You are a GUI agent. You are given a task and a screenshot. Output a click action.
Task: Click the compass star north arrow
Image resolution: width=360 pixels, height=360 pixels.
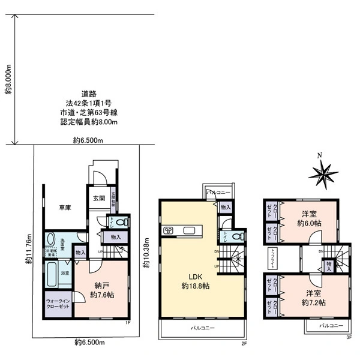tap(323, 173)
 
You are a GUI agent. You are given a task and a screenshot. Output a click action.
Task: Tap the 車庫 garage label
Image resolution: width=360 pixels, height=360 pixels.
tap(65, 208)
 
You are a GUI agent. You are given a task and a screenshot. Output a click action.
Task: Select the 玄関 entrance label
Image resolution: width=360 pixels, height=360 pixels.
tap(98, 198)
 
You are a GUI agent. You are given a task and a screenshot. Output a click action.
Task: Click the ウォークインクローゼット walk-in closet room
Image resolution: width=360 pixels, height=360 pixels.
tap(58, 304)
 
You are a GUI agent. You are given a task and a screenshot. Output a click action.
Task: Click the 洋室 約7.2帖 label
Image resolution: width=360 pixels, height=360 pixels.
tap(310, 299)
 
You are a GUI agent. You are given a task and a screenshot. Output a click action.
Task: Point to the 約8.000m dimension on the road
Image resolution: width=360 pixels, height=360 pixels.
tap(8, 79)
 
